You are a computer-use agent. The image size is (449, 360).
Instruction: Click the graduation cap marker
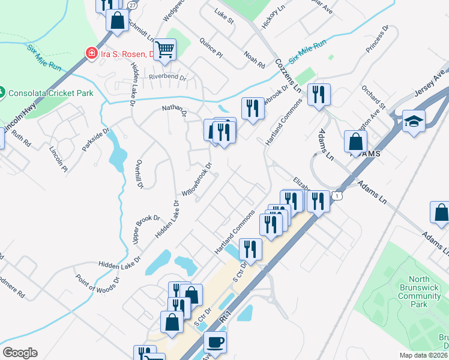(414, 121)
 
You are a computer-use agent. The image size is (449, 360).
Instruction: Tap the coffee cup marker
(215, 342)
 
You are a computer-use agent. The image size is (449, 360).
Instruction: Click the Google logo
(20, 353)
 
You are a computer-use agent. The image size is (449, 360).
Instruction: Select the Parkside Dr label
(97, 139)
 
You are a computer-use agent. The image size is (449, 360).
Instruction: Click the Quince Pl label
(211, 49)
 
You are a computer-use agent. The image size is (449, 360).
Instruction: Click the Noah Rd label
(254, 59)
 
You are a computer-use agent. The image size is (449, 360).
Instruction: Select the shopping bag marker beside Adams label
(356, 142)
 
